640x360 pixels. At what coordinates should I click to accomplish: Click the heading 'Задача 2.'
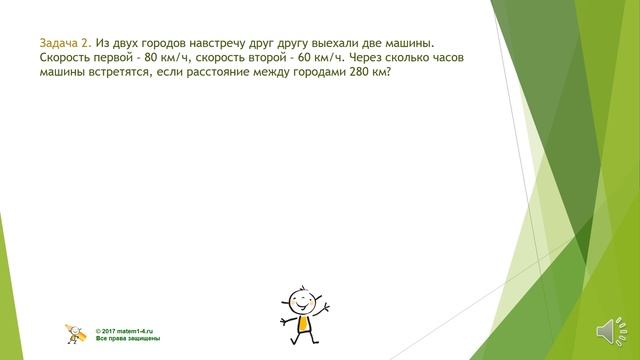point(66,44)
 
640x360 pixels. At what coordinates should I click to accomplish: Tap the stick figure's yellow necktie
point(300,321)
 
